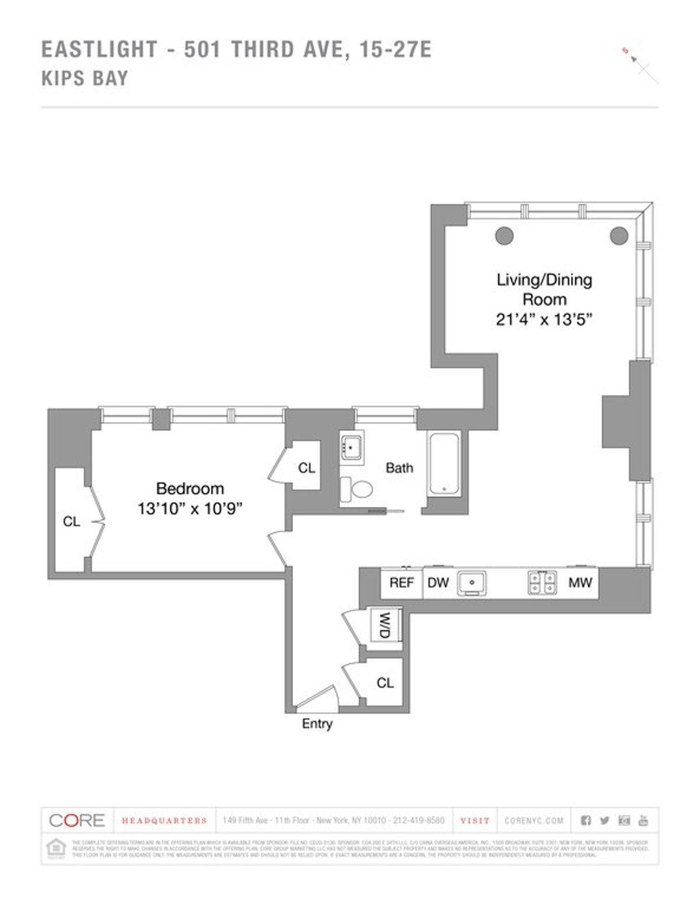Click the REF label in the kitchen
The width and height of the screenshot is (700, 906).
pyautogui.click(x=401, y=582)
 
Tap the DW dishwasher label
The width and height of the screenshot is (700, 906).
pyautogui.click(x=438, y=582)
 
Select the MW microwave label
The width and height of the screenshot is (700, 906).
pyautogui.click(x=580, y=582)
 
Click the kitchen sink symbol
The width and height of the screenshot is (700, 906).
pyautogui.click(x=471, y=582)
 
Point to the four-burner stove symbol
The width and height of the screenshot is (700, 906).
pyautogui.click(x=542, y=582)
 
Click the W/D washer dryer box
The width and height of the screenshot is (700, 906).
pyautogui.click(x=386, y=626)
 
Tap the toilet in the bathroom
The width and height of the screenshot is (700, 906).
pyautogui.click(x=357, y=489)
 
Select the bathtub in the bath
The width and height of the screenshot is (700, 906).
pyautogui.click(x=444, y=464)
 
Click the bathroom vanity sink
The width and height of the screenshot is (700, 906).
pyautogui.click(x=352, y=448)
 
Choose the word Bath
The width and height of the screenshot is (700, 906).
pyautogui.click(x=400, y=468)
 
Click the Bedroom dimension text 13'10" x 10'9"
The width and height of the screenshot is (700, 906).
pyautogui.click(x=190, y=509)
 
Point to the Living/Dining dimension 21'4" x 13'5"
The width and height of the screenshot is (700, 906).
pyautogui.click(x=544, y=319)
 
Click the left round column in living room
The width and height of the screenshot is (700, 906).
pyautogui.click(x=505, y=236)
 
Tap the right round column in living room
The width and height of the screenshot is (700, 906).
pyautogui.click(x=619, y=236)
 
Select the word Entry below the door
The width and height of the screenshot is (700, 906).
pyautogui.click(x=317, y=724)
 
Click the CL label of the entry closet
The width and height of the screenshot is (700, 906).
pyautogui.click(x=385, y=683)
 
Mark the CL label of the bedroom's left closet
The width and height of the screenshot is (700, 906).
pyautogui.click(x=72, y=522)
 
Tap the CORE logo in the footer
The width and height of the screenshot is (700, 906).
pyautogui.click(x=76, y=820)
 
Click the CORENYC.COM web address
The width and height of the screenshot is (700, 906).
pyautogui.click(x=534, y=820)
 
